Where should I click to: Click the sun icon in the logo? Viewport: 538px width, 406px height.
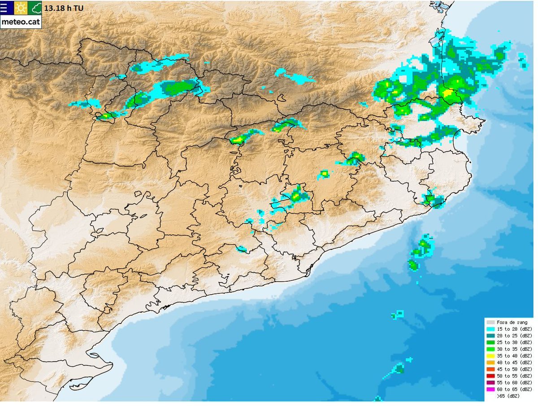(x=20, y=8)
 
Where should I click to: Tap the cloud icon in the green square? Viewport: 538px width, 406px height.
(x=35, y=8)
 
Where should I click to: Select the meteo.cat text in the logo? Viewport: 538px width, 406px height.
(x=21, y=22)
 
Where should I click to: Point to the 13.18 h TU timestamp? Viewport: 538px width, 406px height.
(x=64, y=8)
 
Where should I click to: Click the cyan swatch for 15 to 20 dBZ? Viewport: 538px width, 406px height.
(x=491, y=329)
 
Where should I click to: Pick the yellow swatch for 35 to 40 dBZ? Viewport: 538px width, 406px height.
(x=491, y=356)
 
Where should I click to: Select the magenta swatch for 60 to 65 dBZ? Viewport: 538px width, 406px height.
(x=491, y=389)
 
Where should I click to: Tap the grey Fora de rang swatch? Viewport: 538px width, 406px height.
(x=491, y=322)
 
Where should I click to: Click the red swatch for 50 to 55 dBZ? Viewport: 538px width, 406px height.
(x=491, y=376)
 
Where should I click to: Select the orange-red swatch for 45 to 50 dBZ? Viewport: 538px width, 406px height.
(x=491, y=369)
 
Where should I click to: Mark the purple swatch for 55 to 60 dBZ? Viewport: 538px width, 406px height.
(x=491, y=383)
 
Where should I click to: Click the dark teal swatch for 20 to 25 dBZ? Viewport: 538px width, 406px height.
(x=491, y=336)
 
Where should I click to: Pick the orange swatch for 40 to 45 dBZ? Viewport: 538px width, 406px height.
(x=491, y=362)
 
